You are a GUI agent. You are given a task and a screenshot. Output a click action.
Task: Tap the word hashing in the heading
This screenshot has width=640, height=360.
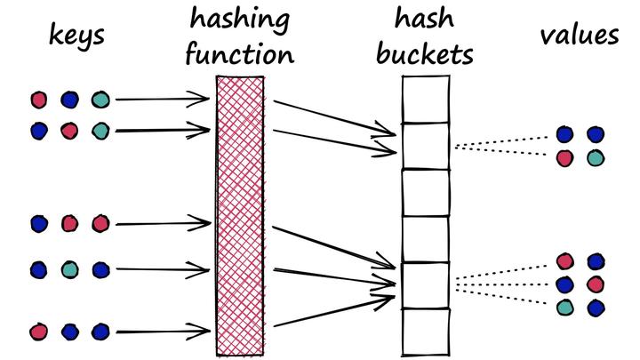pyautogui.click(x=240, y=19)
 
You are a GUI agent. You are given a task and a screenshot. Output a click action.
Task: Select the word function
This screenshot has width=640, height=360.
pyautogui.click(x=240, y=55)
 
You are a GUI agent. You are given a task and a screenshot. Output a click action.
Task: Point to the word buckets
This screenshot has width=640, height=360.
pyautogui.click(x=424, y=55)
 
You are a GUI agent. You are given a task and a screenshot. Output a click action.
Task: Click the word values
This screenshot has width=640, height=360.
pyautogui.click(x=579, y=36)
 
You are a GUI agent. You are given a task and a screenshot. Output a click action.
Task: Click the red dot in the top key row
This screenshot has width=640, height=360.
pyautogui.click(x=38, y=100)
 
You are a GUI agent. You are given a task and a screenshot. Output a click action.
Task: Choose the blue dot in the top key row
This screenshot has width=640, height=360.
pyautogui.click(x=69, y=100)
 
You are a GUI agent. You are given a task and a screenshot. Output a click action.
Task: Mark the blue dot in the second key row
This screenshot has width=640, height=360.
pyautogui.click(x=38, y=131)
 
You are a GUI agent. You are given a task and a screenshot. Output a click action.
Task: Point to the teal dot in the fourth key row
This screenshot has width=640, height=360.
pyautogui.click(x=69, y=268)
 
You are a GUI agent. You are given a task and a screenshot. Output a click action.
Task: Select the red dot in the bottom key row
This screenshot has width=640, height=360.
pyautogui.click(x=38, y=332)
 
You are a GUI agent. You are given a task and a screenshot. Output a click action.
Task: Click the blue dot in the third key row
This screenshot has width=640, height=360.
pyautogui.click(x=38, y=223)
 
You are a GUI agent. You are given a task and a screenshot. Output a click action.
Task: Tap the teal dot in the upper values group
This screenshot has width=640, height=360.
pyautogui.click(x=595, y=157)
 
